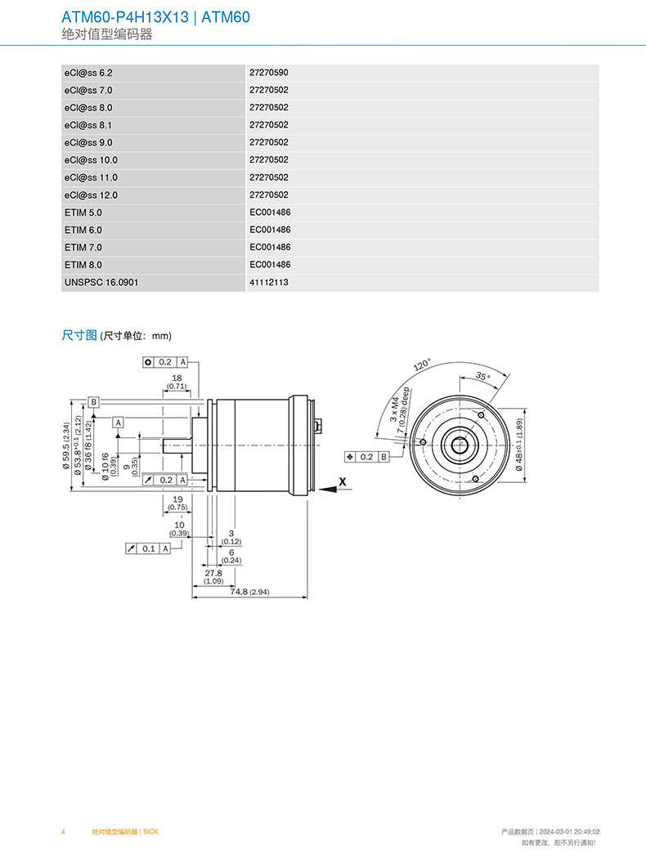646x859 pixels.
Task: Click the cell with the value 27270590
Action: (269, 73)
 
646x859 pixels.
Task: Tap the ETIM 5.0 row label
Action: (83, 213)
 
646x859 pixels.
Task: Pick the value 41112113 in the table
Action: (269, 282)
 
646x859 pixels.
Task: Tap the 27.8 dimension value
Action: (213, 574)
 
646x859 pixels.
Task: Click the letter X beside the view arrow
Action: (343, 482)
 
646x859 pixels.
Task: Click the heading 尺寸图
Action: (79, 335)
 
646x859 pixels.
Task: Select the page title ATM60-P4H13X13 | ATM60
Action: (155, 17)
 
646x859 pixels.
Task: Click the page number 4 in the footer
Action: (63, 831)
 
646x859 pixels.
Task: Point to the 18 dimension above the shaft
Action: (177, 378)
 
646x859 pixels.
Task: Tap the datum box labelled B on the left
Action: (94, 402)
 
